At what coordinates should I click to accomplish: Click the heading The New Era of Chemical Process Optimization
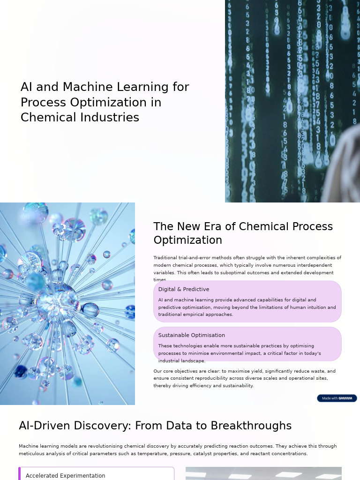243,233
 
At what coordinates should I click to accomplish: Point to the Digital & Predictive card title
184,289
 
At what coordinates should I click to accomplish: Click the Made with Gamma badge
337,398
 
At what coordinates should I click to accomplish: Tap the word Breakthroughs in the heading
251,426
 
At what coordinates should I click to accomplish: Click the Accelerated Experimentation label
65,475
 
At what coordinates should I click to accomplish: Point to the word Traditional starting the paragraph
165,258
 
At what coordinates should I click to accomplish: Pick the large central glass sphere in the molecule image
56,300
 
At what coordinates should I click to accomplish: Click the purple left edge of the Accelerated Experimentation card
20,474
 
